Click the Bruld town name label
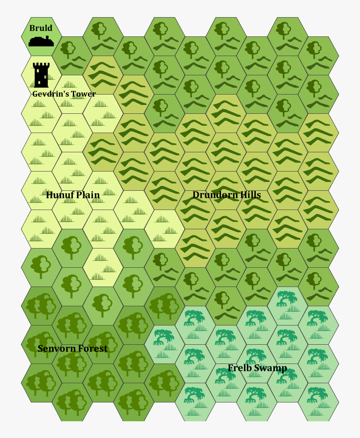[41, 28]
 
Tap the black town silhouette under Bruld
[41, 41]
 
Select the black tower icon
[41, 75]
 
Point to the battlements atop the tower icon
[41, 66]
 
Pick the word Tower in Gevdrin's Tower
[84, 94]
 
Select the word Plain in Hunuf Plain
[88, 195]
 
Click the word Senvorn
[55, 348]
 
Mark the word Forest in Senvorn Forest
[92, 348]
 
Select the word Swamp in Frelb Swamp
[270, 368]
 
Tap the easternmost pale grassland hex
[165, 229]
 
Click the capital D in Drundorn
[196, 195]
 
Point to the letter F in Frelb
[231, 368]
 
